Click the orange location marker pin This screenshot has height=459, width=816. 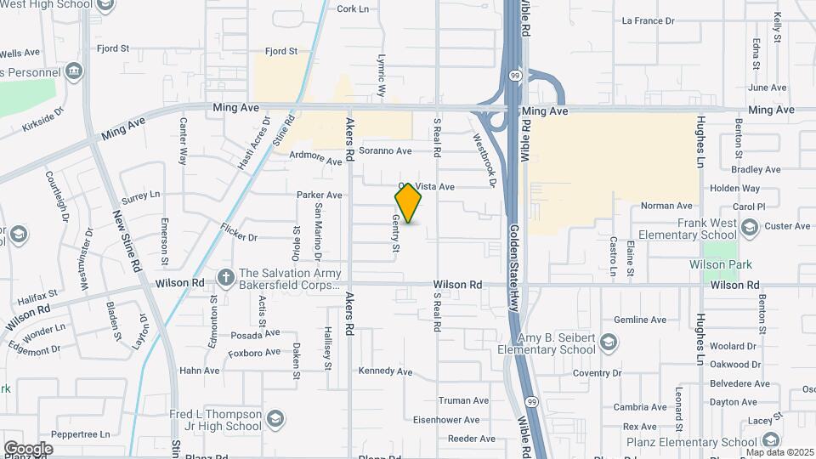[409, 203]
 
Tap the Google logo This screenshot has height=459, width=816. [28, 449]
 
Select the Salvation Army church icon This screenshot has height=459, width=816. [226, 277]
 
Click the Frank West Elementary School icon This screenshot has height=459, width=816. [749, 227]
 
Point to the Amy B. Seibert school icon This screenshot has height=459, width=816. [609, 342]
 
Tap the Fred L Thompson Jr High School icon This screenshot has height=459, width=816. [275, 419]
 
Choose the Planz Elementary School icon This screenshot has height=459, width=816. [770, 440]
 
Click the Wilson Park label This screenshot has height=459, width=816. [721, 264]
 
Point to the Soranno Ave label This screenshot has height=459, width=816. [385, 150]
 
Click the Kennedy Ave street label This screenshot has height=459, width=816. [385, 371]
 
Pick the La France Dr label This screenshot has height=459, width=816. [648, 20]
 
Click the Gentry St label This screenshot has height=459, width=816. [395, 234]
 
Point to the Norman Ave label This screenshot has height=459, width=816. [666, 206]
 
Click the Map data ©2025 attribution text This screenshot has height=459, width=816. [779, 452]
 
